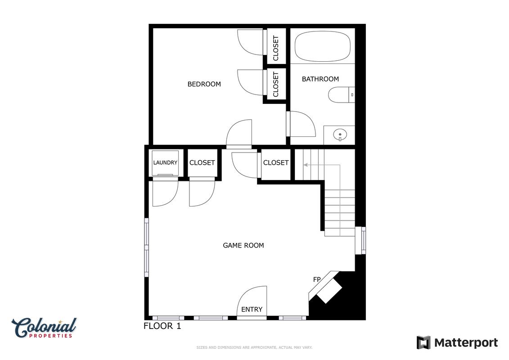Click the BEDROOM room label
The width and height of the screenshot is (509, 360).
click(204, 84)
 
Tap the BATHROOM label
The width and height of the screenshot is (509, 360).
click(320, 79)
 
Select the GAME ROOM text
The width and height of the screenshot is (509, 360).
click(243, 245)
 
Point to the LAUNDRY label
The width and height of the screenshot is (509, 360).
click(165, 162)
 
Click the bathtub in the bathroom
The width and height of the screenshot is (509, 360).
click(322, 46)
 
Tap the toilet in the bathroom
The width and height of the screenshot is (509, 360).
click(341, 95)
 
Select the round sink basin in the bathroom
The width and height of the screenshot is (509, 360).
click(340, 134)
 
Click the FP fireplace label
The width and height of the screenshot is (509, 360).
click(317, 279)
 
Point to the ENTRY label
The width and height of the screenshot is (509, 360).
click(252, 309)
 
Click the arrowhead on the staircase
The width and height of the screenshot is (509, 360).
click(306, 165)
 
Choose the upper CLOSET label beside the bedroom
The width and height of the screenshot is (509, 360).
click(276, 48)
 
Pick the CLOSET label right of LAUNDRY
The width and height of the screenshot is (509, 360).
click(202, 162)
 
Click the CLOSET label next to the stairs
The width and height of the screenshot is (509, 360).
click(276, 162)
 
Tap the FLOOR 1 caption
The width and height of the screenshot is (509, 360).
click(162, 326)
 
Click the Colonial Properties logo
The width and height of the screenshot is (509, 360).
click(44, 328)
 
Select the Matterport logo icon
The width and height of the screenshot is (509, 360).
click(423, 343)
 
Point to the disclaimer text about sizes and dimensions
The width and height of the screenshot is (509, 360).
click(254, 347)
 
